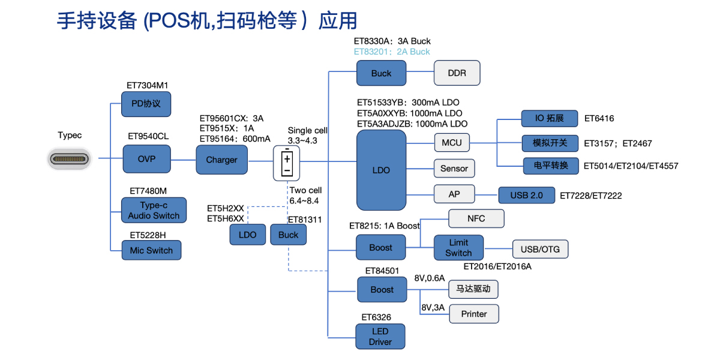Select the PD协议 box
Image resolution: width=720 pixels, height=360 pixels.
[146, 104]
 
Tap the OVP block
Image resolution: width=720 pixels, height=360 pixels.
[146, 160]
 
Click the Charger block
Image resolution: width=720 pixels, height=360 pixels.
[221, 160]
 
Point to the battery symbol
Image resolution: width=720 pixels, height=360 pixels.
[287, 163]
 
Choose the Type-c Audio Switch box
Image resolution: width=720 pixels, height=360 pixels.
[154, 211]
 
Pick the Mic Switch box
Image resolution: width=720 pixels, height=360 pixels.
[151, 250]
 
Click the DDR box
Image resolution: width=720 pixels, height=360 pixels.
[457, 73]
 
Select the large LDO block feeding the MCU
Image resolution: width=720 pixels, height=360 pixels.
[381, 170]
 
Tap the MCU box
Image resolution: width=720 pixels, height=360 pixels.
[452, 143]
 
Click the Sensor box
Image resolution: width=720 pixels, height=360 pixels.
[454, 169]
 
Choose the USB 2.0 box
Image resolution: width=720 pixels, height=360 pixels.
[526, 195]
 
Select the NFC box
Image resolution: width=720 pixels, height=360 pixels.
[476, 218]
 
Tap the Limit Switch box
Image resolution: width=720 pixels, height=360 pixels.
[458, 248]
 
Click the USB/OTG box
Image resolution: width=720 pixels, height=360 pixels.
[540, 248]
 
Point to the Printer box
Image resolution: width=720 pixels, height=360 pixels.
[474, 314]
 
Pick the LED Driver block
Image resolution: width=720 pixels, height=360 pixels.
[380, 337]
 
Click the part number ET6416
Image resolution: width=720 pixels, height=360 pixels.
[599, 119]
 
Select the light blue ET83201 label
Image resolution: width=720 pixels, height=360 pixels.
[392, 52]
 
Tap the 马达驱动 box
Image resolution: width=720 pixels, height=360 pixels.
[474, 289]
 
